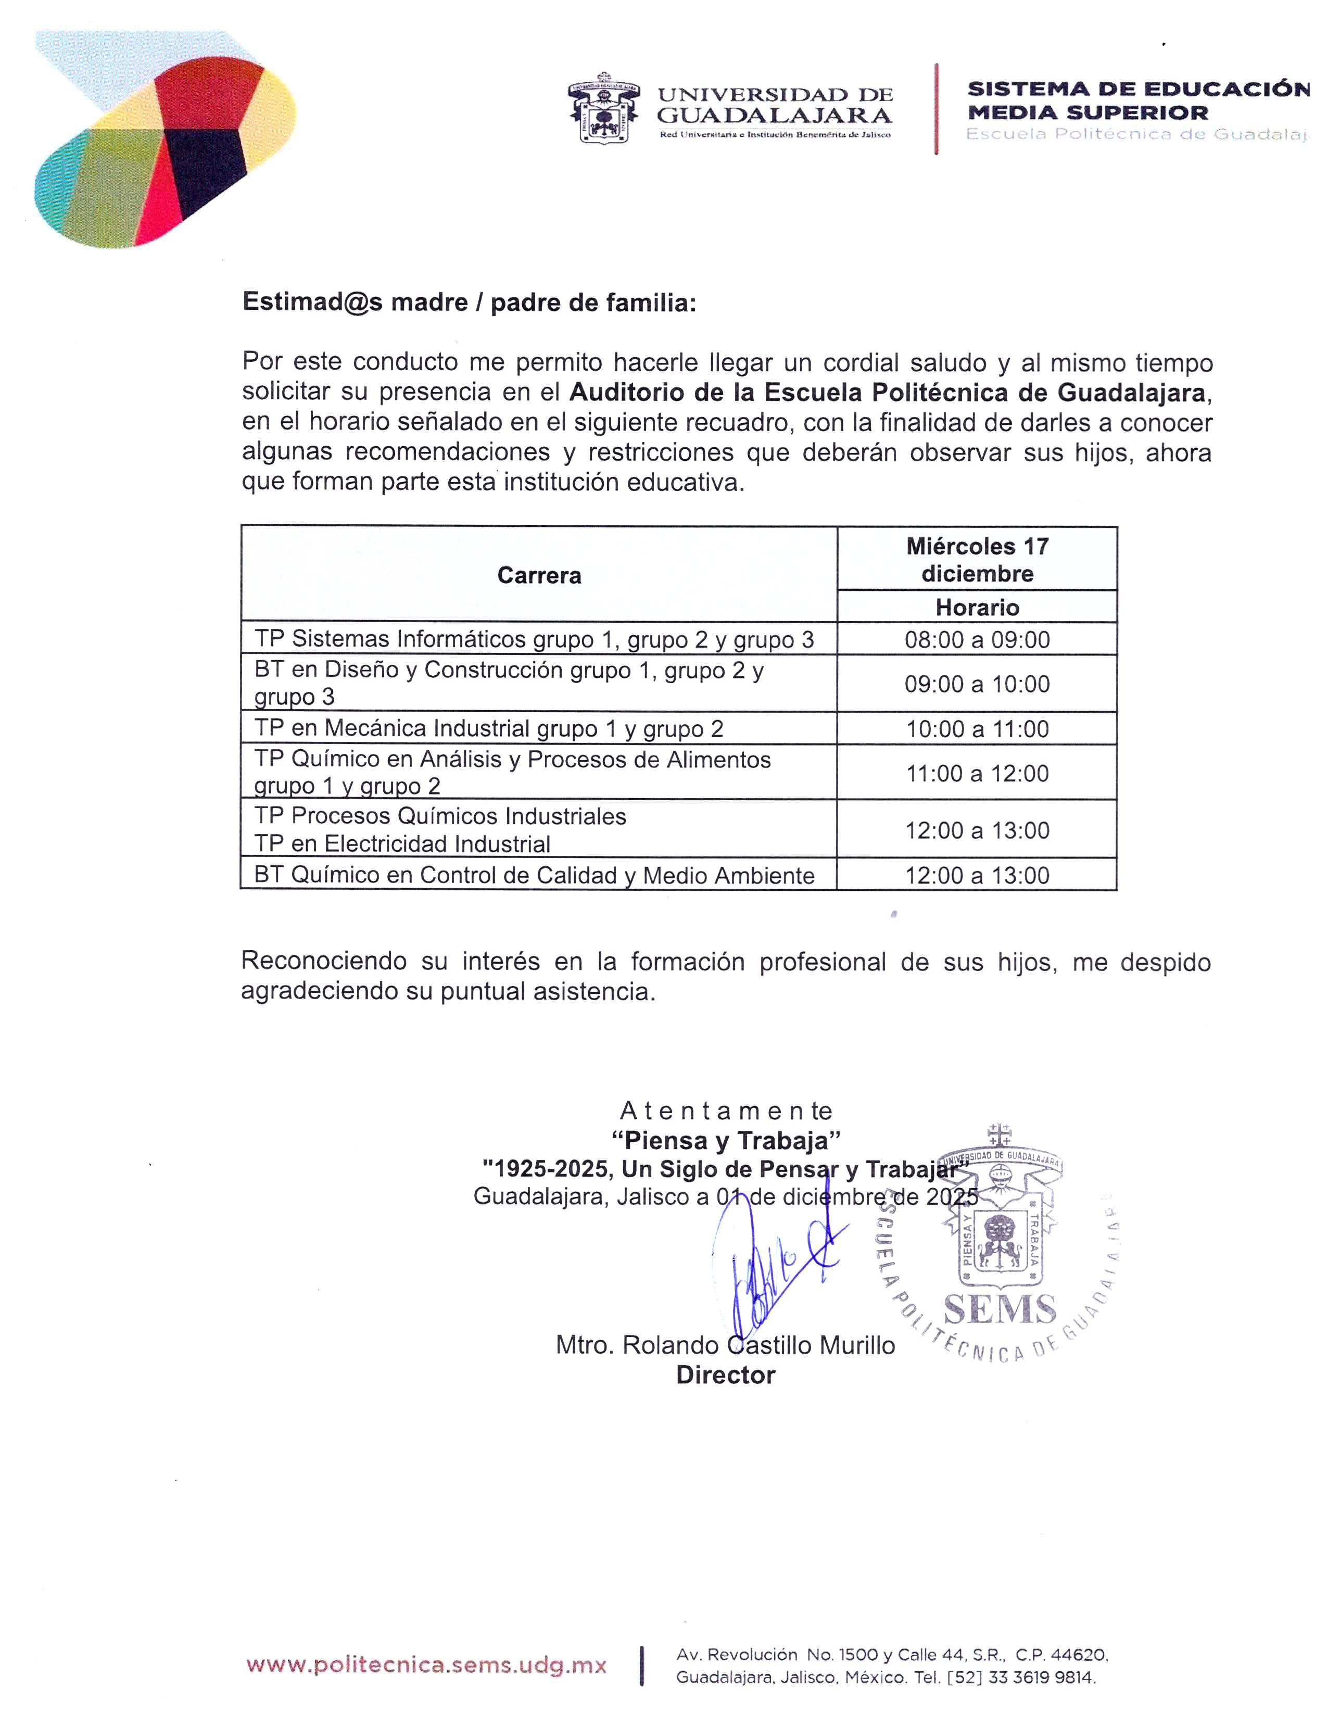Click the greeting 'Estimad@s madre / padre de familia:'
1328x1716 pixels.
coord(469,302)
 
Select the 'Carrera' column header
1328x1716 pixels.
coord(539,575)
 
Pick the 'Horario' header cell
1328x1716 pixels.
coord(977,608)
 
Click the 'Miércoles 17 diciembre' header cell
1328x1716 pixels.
coord(977,560)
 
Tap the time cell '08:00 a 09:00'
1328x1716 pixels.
coord(977,639)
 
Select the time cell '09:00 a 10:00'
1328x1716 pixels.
coord(977,684)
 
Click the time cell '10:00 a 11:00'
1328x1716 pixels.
coord(977,729)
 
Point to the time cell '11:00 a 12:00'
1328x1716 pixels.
coord(977,773)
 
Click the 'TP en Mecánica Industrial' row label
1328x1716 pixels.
coord(488,729)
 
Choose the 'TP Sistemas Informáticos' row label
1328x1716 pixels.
coord(534,639)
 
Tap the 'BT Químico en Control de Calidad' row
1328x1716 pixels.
coord(534,875)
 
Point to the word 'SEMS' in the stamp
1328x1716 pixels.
coord(1000,1310)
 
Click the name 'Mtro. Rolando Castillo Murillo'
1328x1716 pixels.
coord(725,1346)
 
